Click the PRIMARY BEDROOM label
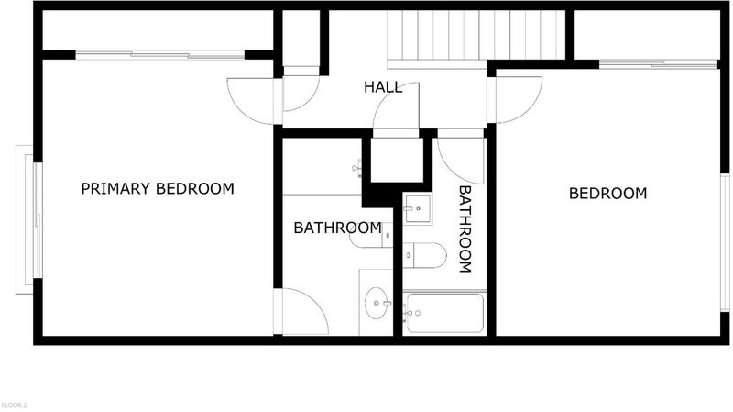tap(158, 189)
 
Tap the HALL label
tap(383, 87)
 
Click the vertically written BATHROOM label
tap(465, 229)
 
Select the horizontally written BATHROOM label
tap(337, 228)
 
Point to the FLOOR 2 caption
tap(14, 406)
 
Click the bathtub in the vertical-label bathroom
tap(445, 313)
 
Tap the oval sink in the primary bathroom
tap(377, 304)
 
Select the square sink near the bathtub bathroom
tap(418, 208)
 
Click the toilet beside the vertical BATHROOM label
tap(424, 255)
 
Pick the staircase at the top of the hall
tap(476, 36)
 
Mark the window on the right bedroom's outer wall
tap(725, 242)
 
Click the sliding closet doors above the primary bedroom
tap(159, 55)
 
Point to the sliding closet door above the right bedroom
tap(658, 64)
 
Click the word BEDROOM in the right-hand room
tap(607, 194)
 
